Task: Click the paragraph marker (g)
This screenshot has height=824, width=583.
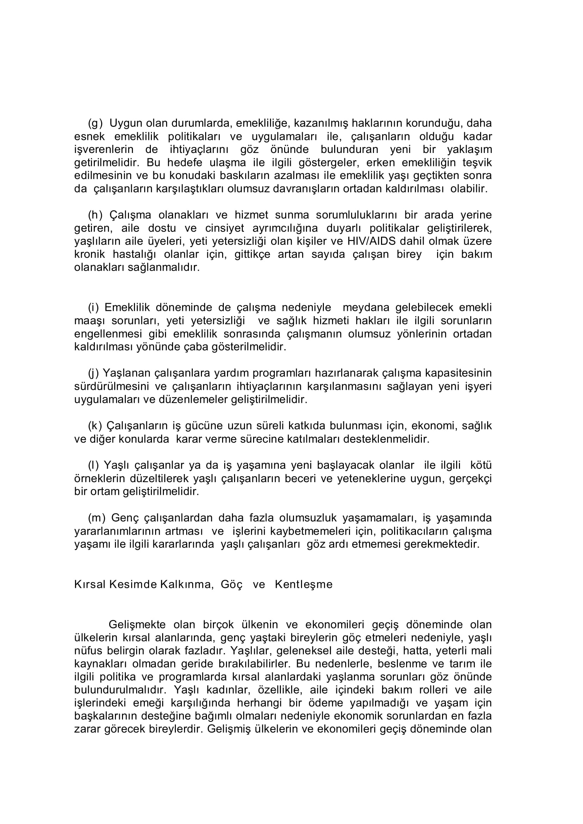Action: (95, 123)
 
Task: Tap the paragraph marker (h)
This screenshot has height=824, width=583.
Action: (95, 215)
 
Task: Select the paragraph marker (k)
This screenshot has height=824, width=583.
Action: (95, 426)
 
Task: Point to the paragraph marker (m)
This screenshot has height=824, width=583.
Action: (97, 518)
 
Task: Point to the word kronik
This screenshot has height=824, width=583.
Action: (90, 254)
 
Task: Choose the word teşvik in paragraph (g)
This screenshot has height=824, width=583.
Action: (477, 163)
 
